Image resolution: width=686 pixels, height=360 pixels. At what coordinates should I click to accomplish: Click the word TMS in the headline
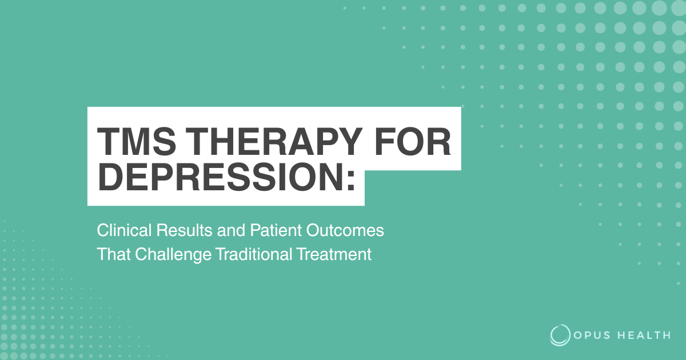137,142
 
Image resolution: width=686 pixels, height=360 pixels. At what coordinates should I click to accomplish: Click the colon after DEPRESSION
351,181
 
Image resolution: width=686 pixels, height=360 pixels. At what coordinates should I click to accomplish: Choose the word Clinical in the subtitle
124,230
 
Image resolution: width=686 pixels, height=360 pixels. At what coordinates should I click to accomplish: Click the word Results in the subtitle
184,230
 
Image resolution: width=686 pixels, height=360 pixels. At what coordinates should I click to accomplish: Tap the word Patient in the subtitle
276,230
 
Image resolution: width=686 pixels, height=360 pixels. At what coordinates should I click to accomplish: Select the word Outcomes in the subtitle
345,230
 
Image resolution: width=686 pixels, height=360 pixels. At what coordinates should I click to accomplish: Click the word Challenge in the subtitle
173,255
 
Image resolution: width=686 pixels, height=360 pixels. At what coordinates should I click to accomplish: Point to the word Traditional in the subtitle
254,254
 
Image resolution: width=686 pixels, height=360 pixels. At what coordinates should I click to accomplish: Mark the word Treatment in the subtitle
334,254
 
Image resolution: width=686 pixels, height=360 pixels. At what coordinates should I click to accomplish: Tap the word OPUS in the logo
592,335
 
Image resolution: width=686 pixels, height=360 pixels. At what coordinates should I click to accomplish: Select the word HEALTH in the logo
644,335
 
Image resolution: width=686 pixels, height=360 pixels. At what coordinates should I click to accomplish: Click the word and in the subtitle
231,230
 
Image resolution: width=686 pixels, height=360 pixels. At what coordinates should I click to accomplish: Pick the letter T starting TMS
109,142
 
